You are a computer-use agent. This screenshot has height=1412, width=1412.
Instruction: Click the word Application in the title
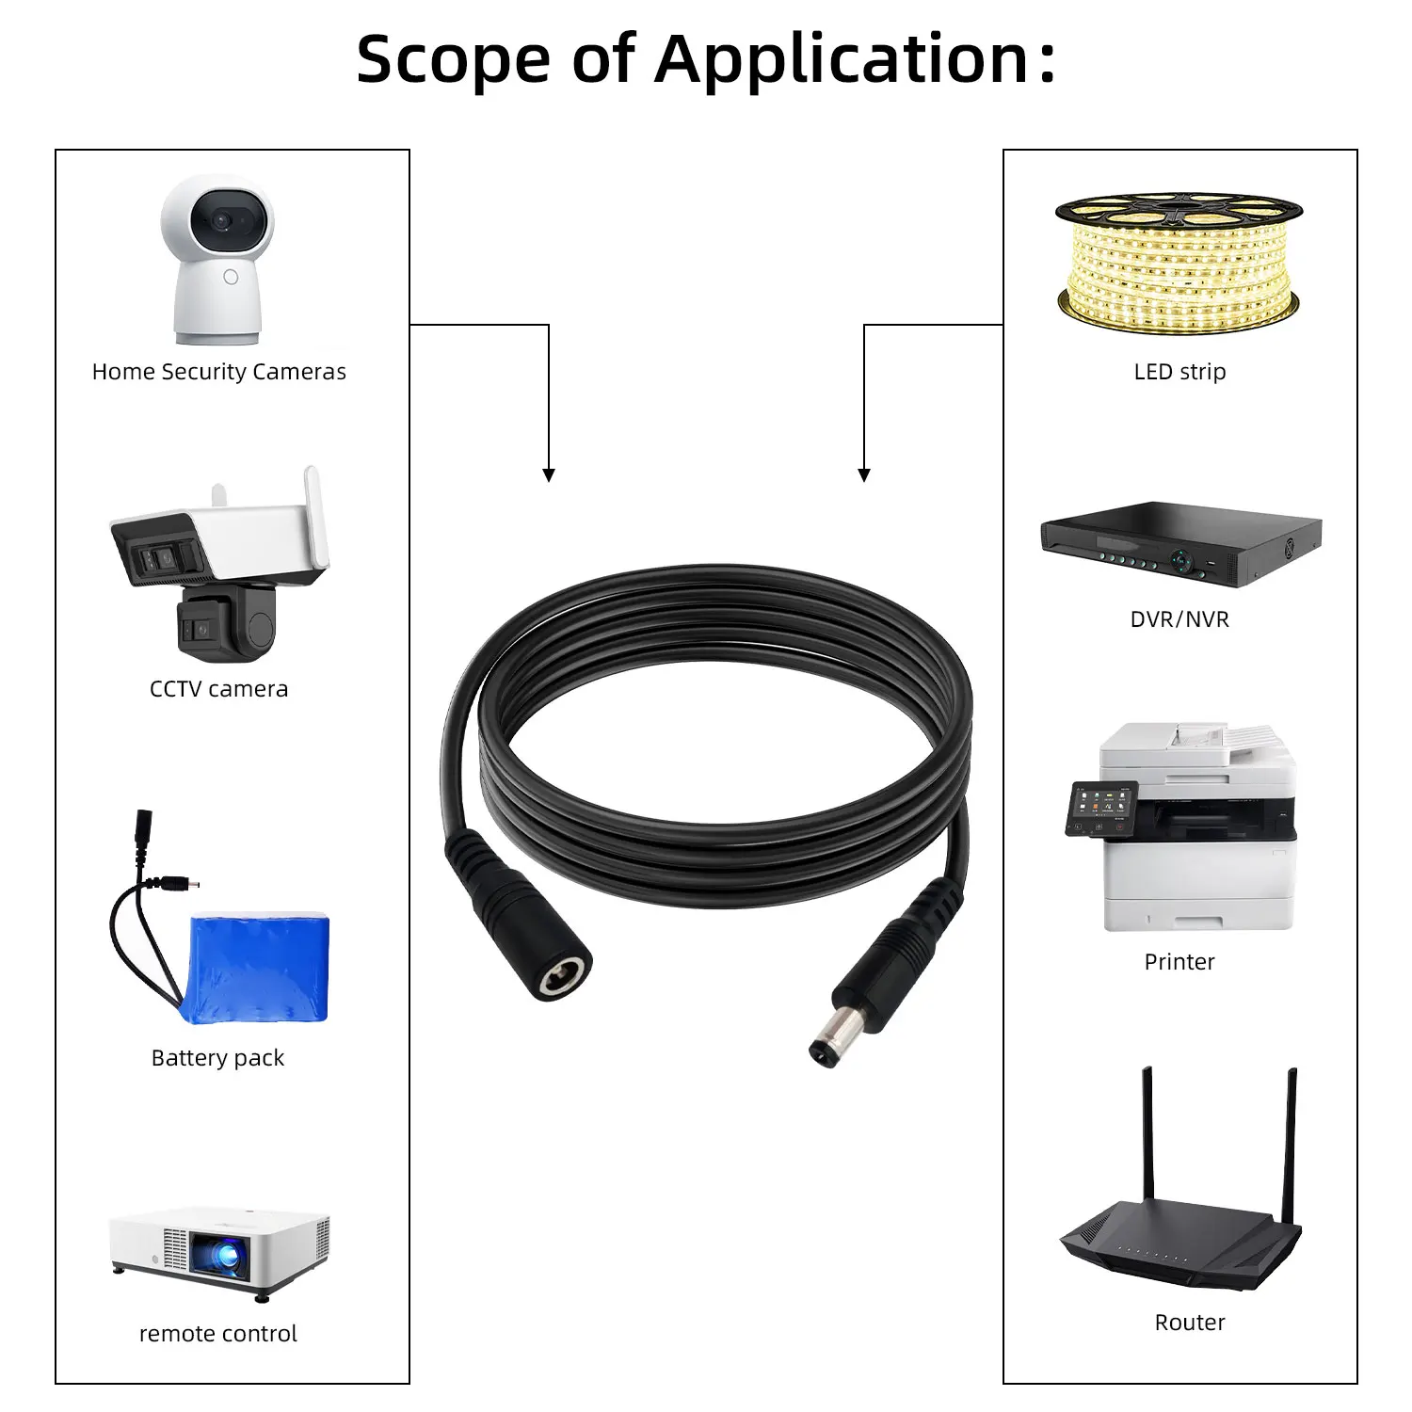tap(842, 60)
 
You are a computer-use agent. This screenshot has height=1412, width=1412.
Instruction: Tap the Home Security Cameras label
tap(218, 372)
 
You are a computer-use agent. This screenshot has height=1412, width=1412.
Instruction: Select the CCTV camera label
tap(218, 689)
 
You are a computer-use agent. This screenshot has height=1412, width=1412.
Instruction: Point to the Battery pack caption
tap(217, 1058)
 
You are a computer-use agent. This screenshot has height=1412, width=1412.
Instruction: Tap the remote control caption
tap(217, 1334)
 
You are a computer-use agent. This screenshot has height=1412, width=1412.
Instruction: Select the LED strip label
tap(1179, 372)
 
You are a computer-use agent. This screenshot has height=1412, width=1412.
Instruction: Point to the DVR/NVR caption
tap(1179, 619)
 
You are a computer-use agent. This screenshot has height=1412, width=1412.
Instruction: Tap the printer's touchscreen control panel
tap(1099, 808)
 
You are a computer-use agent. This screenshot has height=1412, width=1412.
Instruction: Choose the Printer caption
tap(1179, 962)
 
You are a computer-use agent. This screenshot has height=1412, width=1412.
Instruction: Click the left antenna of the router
tap(1147, 1139)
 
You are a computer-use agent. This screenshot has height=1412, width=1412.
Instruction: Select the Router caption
tap(1190, 1323)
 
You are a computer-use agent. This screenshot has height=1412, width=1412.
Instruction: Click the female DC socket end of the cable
tap(560, 977)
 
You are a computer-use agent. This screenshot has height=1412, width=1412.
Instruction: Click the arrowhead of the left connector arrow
tap(549, 475)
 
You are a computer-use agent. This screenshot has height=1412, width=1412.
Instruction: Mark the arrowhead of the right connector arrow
tap(864, 475)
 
